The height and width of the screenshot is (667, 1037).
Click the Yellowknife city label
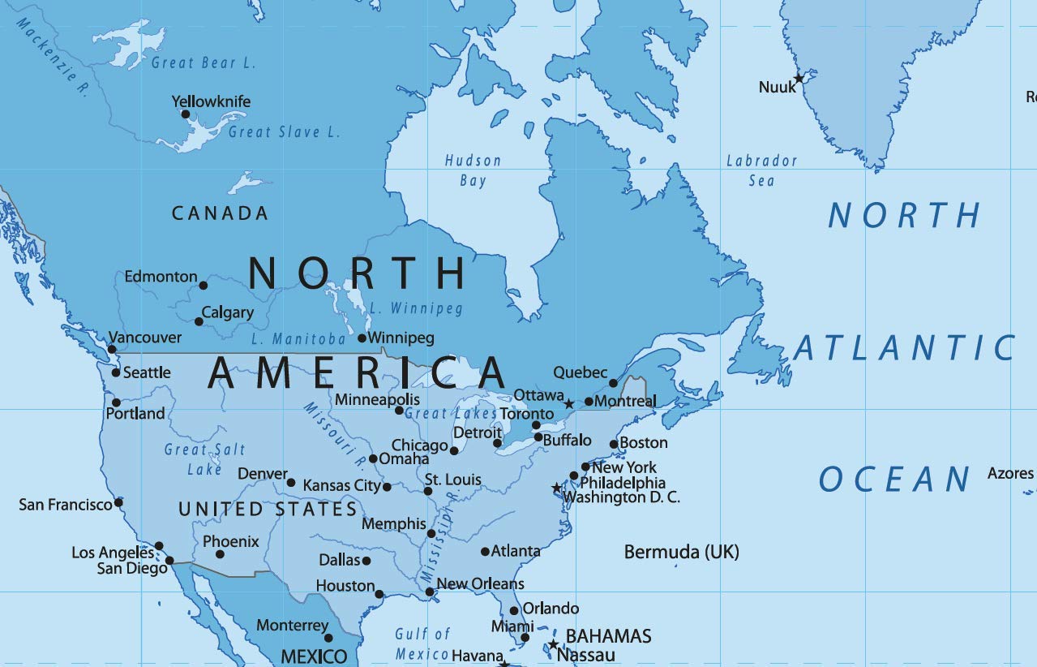pos(211,101)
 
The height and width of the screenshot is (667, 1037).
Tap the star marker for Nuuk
pos(799,78)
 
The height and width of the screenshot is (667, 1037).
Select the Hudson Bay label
pos(473,170)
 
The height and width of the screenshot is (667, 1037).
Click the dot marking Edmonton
pos(204,285)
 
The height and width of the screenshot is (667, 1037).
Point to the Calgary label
pos(228,312)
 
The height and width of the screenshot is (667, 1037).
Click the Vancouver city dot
pos(112,350)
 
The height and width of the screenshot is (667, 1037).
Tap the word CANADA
pos(220,213)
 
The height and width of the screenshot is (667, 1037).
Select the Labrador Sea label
pos(761,170)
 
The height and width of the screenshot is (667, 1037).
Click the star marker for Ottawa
pos(569,403)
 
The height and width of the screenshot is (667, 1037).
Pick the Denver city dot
pos(291,483)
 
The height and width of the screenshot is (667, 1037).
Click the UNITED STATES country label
pos(268,509)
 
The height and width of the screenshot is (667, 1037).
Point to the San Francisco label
pos(66,505)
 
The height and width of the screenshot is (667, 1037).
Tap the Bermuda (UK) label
pos(681,553)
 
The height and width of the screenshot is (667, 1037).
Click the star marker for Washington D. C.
pos(556,488)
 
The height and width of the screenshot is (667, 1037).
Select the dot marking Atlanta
pos(485,552)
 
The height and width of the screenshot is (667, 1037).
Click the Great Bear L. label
pos(203,62)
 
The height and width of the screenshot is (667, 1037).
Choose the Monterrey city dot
pos(328,638)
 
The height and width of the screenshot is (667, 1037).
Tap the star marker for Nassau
pos(553,645)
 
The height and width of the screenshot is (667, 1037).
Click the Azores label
pos(1010,473)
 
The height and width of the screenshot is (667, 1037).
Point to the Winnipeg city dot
pos(362,338)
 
